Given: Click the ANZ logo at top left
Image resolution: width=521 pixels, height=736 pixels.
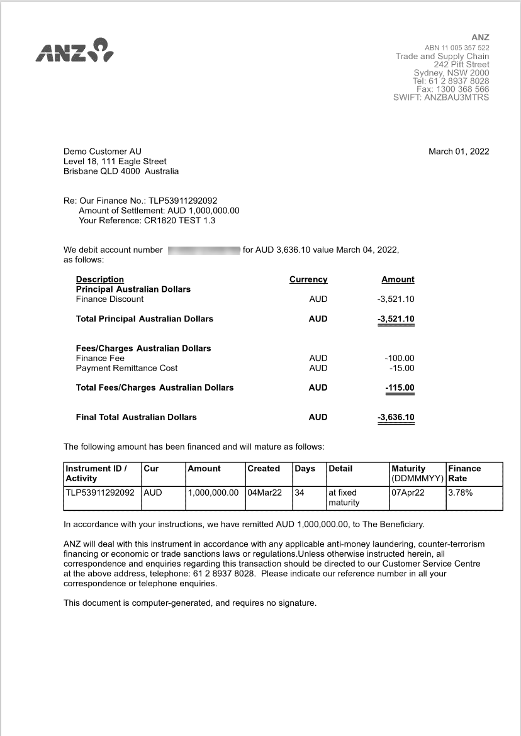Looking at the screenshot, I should (x=74, y=50).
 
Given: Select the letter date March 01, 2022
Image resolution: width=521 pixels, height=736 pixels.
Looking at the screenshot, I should (x=459, y=152).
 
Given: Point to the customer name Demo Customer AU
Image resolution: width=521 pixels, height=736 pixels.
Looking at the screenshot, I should (x=103, y=152).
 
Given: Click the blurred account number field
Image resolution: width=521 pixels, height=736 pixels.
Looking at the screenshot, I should (x=204, y=250).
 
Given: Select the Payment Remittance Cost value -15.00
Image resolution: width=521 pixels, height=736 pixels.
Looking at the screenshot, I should (x=402, y=368).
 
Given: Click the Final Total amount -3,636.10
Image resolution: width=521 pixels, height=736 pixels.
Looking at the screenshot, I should (x=396, y=417).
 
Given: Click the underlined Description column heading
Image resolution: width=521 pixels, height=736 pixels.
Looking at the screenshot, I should (x=100, y=279).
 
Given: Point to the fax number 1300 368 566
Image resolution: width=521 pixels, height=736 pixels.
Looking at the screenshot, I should (x=463, y=89).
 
